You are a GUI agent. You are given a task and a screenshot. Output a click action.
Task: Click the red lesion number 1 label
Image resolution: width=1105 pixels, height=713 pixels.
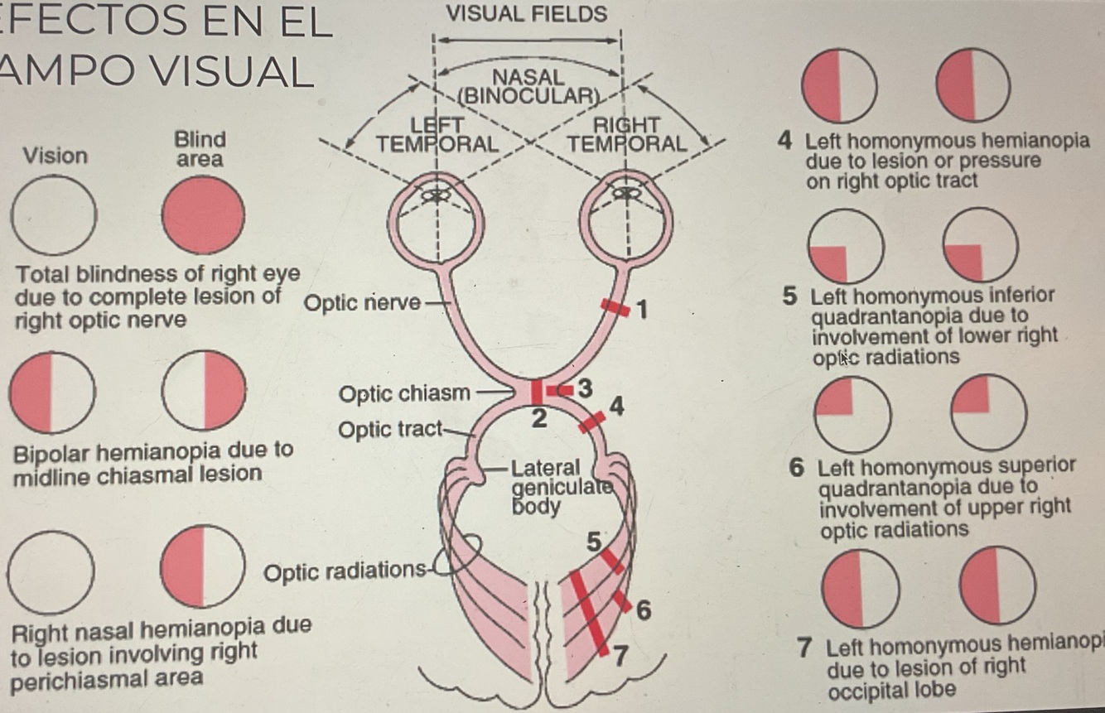coord(643,311)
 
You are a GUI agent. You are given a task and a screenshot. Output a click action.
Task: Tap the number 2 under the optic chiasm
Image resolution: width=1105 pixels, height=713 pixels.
coord(538,419)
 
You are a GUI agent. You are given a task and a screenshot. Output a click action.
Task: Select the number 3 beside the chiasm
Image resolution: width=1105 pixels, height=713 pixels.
coord(585,388)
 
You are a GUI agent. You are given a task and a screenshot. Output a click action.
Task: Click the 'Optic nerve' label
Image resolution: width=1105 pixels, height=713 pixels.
coord(363,303)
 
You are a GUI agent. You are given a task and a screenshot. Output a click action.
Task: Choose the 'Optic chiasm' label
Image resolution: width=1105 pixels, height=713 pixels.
coord(404,393)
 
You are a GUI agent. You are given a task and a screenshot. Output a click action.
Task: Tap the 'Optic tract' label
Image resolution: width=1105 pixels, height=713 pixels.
coord(390,431)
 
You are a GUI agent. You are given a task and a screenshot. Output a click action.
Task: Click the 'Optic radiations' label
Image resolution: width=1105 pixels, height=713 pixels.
coord(344,571)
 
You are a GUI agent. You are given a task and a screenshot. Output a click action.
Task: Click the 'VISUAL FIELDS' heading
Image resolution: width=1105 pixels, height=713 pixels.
coord(527,14)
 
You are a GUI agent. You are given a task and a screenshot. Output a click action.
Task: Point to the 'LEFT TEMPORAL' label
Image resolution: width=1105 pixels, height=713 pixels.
coord(438,135)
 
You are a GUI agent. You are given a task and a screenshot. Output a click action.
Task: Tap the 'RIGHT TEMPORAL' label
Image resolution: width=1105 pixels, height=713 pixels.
coord(627,135)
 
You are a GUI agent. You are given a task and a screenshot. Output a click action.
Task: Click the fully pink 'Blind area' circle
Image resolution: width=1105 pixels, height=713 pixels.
coord(204,215)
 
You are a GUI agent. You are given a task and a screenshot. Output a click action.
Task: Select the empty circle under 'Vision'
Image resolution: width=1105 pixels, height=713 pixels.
coord(54,215)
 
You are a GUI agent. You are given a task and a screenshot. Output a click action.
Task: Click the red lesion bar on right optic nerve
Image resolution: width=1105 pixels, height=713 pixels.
coord(614,306)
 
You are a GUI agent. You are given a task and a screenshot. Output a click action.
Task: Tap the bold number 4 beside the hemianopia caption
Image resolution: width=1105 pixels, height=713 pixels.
coord(784,141)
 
